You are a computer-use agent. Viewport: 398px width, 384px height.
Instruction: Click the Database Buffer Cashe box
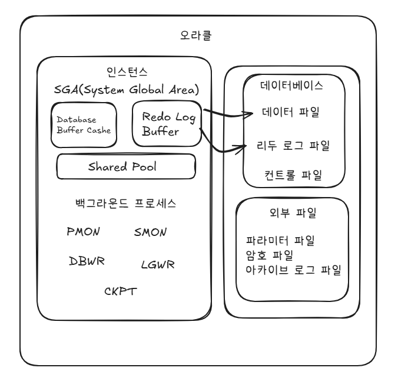pos(84,124)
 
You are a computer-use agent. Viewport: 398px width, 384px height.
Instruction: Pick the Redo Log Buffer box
pos(167,123)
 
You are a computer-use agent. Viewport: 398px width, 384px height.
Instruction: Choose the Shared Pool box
pos(125,166)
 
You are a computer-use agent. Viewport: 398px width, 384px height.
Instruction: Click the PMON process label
pos(84,231)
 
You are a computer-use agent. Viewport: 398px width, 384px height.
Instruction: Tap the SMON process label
pos(151,232)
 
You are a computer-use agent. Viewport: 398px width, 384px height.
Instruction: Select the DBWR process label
pos(87,261)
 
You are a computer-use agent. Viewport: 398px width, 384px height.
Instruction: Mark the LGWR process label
pos(158,264)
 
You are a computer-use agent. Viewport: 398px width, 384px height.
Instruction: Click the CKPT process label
pos(121,291)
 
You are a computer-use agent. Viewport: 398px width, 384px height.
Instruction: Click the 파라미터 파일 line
pos(280,241)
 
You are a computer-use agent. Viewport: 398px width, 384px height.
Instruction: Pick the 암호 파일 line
pos(269,255)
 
